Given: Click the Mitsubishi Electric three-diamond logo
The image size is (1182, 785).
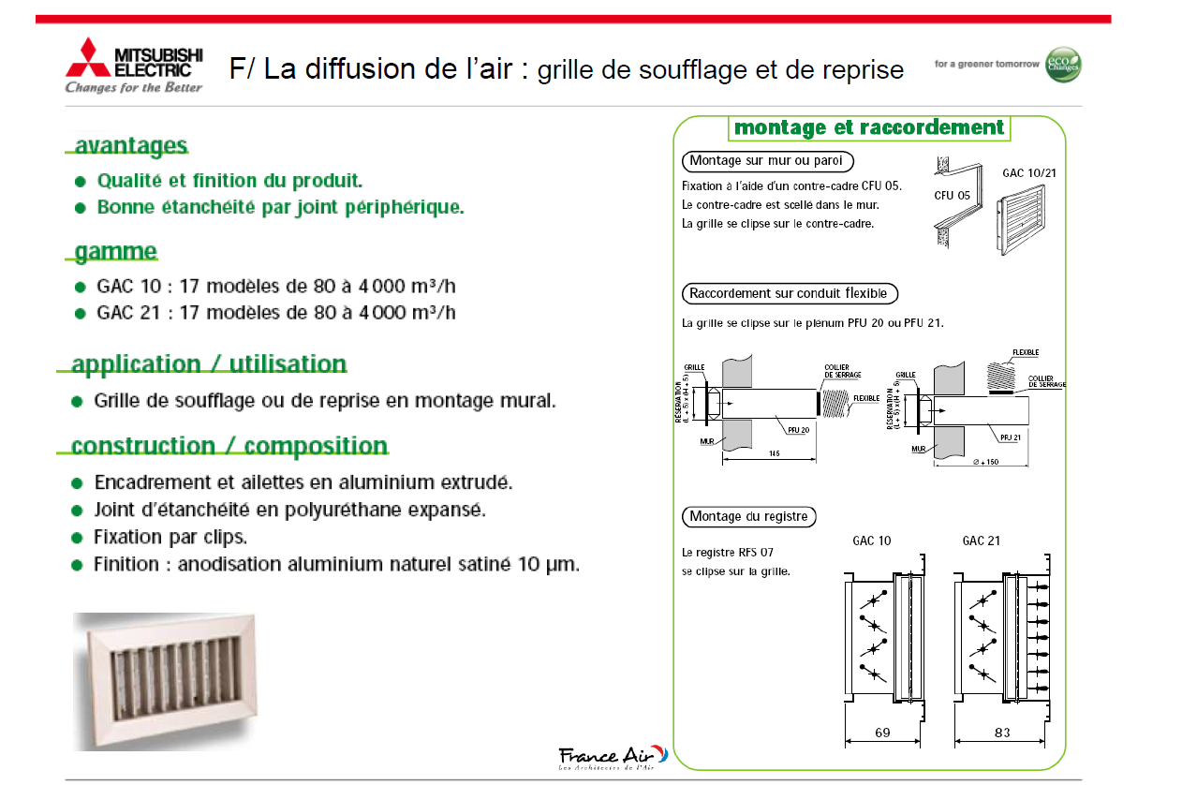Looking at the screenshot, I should [x=87, y=58].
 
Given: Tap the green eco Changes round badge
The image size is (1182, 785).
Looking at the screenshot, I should [x=1063, y=64].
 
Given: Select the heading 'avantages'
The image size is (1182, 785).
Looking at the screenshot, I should [x=130, y=146].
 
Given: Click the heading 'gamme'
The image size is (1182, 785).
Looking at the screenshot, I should [x=115, y=251].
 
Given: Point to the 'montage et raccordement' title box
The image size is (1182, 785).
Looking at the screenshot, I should [x=869, y=127].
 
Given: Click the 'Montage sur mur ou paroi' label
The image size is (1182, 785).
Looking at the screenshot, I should [x=767, y=160].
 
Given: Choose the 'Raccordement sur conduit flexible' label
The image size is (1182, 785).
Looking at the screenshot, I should [x=788, y=293].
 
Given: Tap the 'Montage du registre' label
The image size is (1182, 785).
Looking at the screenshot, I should [x=748, y=516].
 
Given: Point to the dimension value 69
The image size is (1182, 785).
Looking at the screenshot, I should [x=882, y=733].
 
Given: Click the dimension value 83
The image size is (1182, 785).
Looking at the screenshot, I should [x=1002, y=733].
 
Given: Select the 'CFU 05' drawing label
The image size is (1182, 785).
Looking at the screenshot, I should [x=952, y=196].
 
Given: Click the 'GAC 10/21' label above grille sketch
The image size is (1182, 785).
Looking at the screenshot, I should [x=1029, y=173].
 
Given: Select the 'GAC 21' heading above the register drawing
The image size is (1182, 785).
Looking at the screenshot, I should [x=981, y=541].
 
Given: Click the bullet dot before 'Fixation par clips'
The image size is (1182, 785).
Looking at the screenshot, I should [x=77, y=538].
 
